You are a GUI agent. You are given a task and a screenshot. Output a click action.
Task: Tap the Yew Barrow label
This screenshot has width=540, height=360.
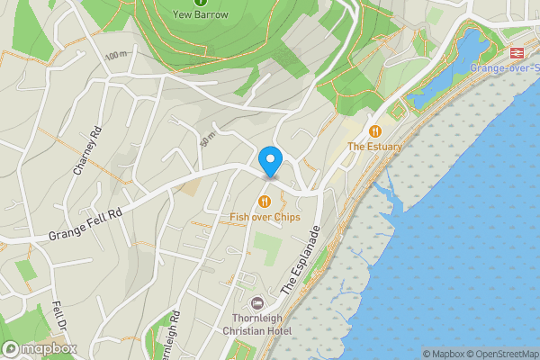point(200,15)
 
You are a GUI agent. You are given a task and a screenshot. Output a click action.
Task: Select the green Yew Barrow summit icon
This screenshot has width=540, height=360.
point(200,3)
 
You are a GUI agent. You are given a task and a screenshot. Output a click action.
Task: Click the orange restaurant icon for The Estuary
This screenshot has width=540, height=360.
point(375,130)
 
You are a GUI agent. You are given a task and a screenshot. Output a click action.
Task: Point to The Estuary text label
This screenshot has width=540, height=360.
point(375,146)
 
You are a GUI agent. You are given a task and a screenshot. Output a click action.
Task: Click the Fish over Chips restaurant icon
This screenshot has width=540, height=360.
point(265,202)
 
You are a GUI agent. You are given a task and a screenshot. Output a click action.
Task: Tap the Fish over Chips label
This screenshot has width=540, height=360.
point(265,217)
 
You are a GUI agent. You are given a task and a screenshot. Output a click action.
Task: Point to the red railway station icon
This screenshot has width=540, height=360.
point(517,53)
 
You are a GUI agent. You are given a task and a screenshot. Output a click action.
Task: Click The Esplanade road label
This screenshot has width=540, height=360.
point(301,259)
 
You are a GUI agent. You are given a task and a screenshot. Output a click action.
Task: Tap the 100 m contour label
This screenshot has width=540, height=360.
point(115,56)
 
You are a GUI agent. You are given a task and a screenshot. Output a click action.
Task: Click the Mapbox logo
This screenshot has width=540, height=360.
point(38,349)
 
